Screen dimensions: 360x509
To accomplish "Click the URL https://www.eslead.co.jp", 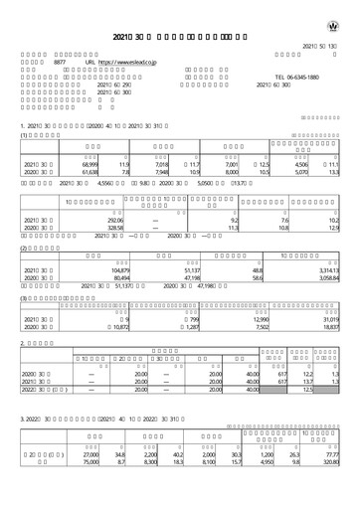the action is [x=126, y=61].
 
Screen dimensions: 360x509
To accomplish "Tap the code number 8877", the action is [x=59, y=61].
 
